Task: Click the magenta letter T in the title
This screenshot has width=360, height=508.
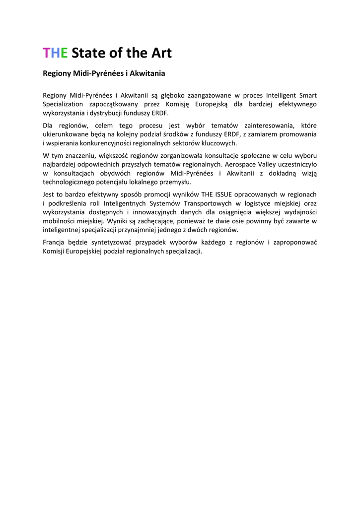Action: tap(46, 53)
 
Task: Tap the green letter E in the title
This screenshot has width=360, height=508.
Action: tap(64, 53)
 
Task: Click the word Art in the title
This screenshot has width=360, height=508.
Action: tap(161, 53)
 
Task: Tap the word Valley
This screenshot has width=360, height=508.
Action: tap(271, 164)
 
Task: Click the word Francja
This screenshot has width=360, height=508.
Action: tap(54, 243)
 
